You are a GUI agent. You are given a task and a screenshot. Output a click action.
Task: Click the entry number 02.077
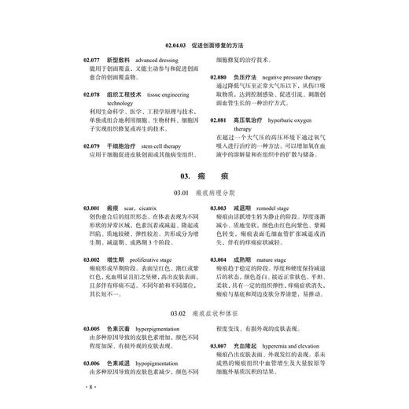point(91,61)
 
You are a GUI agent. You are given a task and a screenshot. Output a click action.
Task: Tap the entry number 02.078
point(91,94)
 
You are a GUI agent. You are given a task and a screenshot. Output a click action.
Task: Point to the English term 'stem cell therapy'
point(160,146)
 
